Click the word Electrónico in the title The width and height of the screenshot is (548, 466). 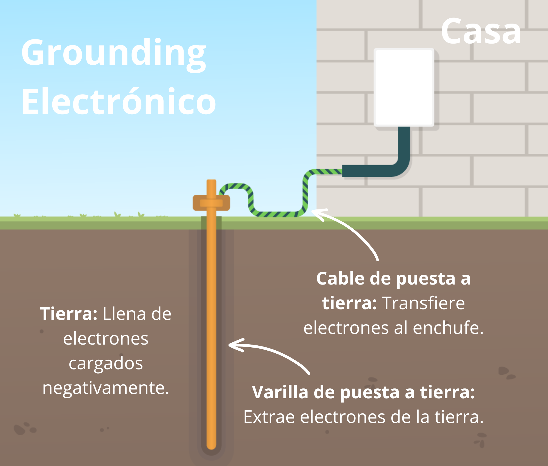coord(119,101)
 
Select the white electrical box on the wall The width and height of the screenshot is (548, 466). coord(404,87)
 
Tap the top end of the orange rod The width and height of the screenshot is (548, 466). coord(211,182)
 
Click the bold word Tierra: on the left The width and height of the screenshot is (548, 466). coord(69,314)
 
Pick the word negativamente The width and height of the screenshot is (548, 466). coord(106,388)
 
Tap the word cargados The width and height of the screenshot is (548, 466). coord(106,363)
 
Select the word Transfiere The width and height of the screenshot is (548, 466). coord(424,303)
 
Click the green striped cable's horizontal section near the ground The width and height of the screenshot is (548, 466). coord(277,214)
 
